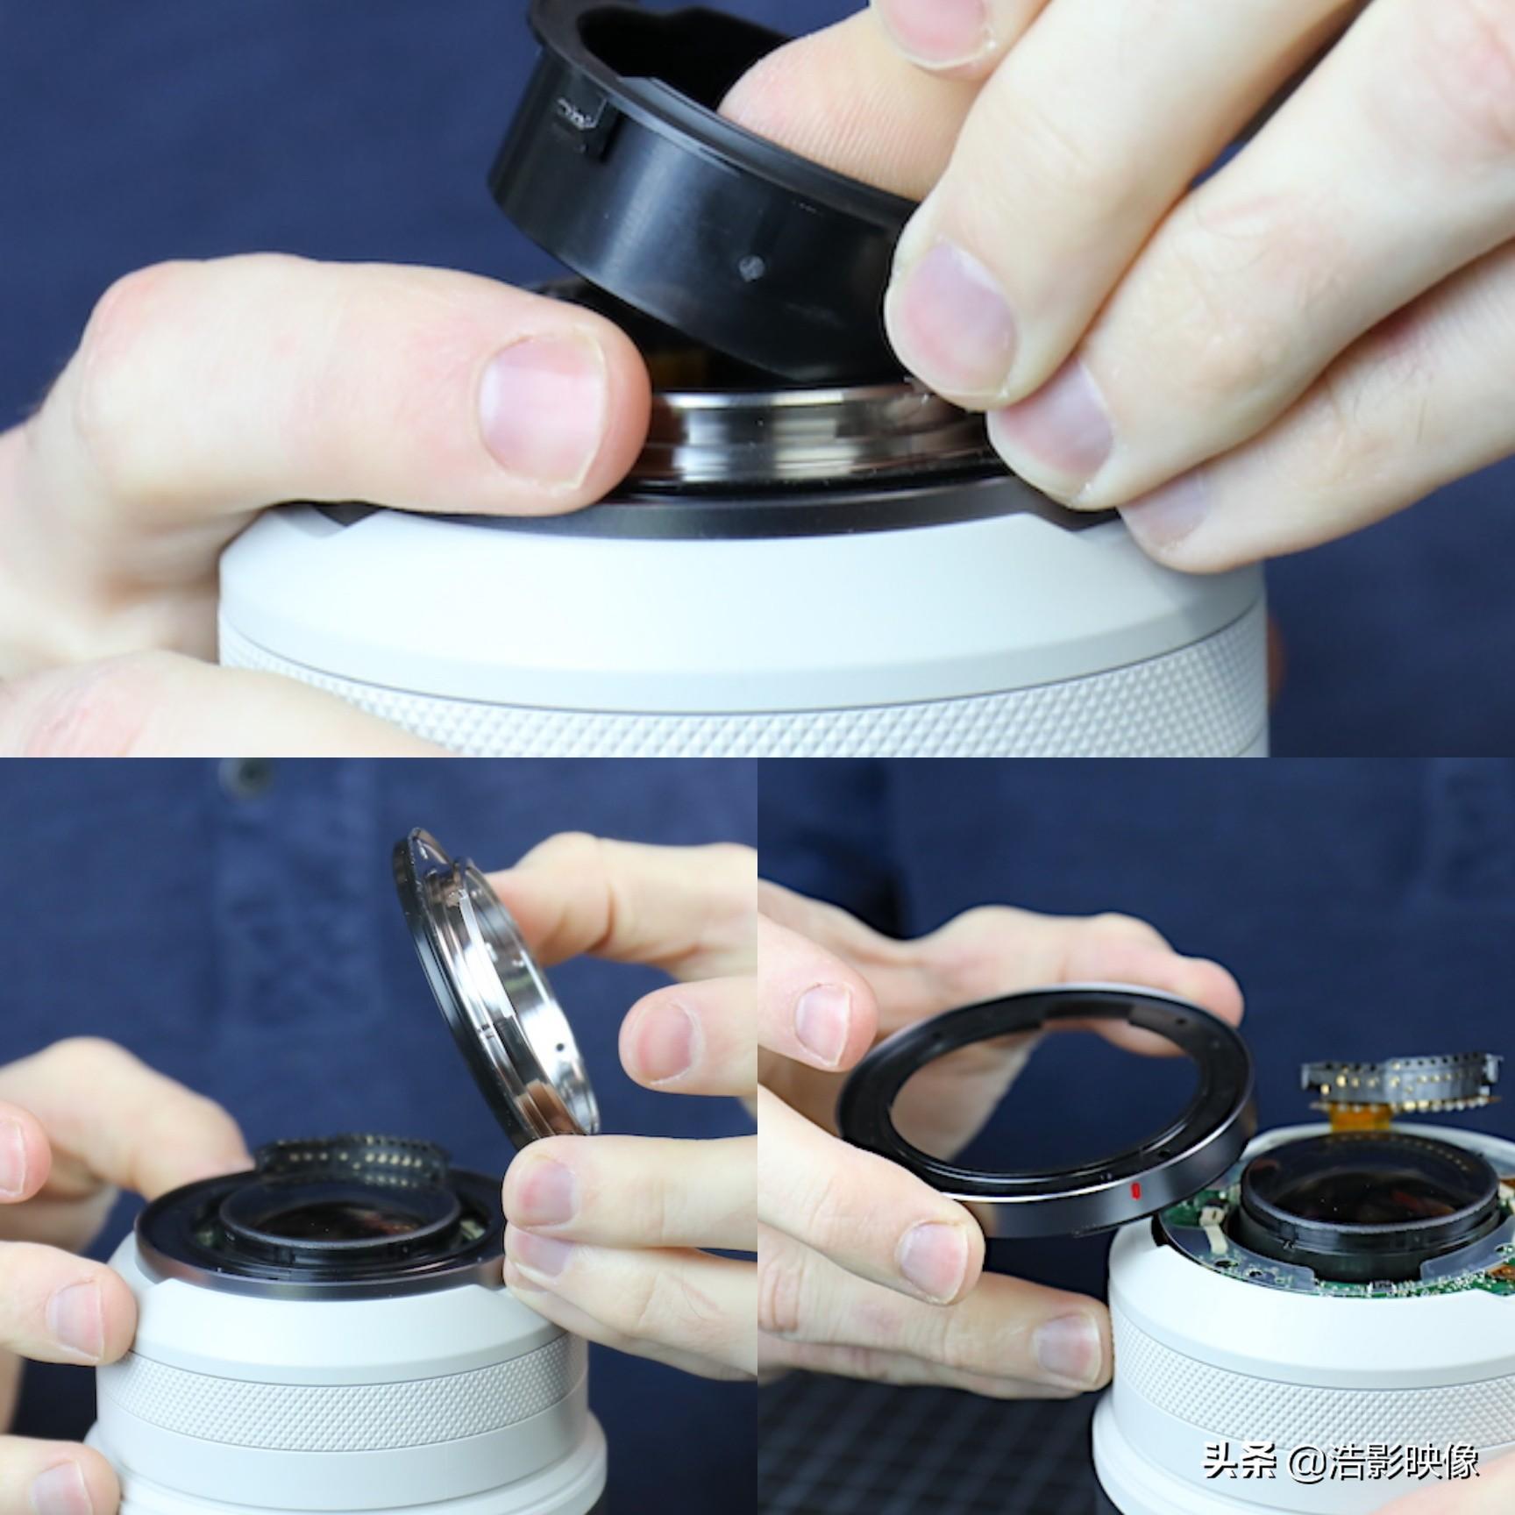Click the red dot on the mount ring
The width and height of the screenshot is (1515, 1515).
[1134, 1190]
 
